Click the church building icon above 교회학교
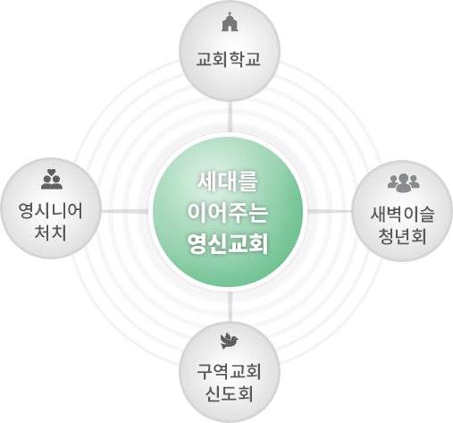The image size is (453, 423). [230, 21]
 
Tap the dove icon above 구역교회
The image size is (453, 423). [230, 341]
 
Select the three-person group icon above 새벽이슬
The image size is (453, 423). [404, 183]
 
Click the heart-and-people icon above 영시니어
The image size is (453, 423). [52, 179]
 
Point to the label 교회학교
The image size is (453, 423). [229, 59]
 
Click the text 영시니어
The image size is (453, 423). [51, 211]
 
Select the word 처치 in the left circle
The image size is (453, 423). [50, 233]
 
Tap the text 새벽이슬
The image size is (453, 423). [403, 214]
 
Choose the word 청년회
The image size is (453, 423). [402, 236]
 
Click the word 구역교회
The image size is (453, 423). [229, 372]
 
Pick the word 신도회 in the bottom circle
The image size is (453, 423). [229, 393]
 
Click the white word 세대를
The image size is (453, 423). [228, 182]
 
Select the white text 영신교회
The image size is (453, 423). [228, 243]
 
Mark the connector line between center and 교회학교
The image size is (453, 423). [230, 116]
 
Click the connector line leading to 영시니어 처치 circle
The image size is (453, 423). [125, 211]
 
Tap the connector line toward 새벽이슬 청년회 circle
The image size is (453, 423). [330, 211]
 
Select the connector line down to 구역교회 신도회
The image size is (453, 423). [230, 307]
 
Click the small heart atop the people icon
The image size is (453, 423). [52, 172]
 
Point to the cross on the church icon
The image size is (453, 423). [230, 13]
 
